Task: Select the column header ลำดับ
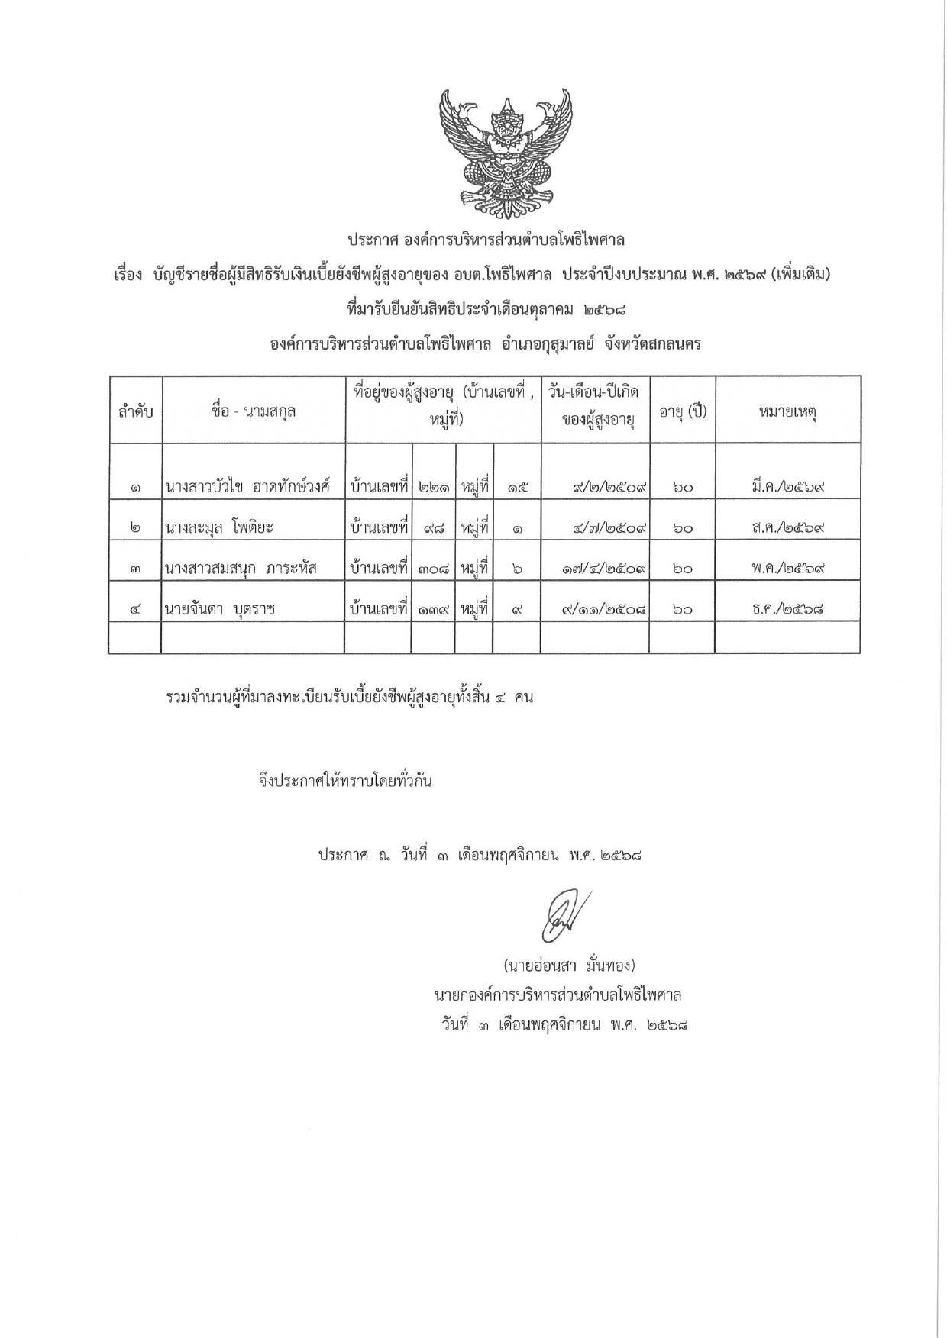(x=135, y=411)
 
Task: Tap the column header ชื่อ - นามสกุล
(x=254, y=411)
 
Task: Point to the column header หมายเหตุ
(x=787, y=411)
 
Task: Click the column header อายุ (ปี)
(x=683, y=411)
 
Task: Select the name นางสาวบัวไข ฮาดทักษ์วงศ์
(x=247, y=486)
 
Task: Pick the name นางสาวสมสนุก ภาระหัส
(x=241, y=568)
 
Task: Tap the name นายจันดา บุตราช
(x=220, y=608)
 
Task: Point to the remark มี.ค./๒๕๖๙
(x=788, y=486)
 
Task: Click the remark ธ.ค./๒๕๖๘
(x=788, y=608)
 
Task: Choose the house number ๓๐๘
(x=434, y=568)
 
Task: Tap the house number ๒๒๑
(x=434, y=486)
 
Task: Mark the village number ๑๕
(x=518, y=486)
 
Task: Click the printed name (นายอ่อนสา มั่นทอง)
(x=570, y=966)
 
